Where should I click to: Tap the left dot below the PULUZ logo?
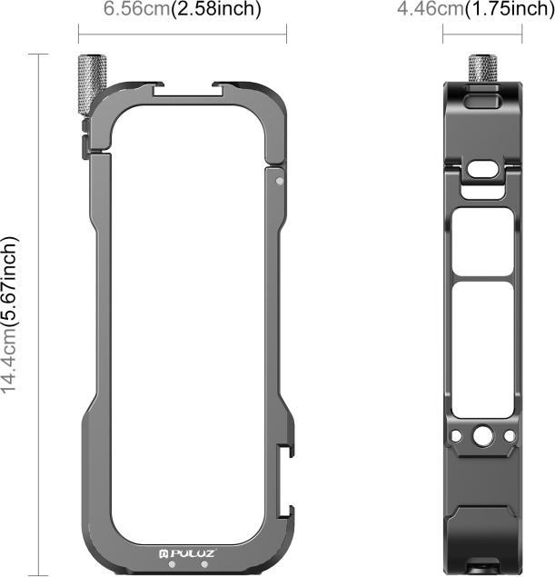181,562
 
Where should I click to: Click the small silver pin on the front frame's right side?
279,181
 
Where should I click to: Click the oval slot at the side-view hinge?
483,169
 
